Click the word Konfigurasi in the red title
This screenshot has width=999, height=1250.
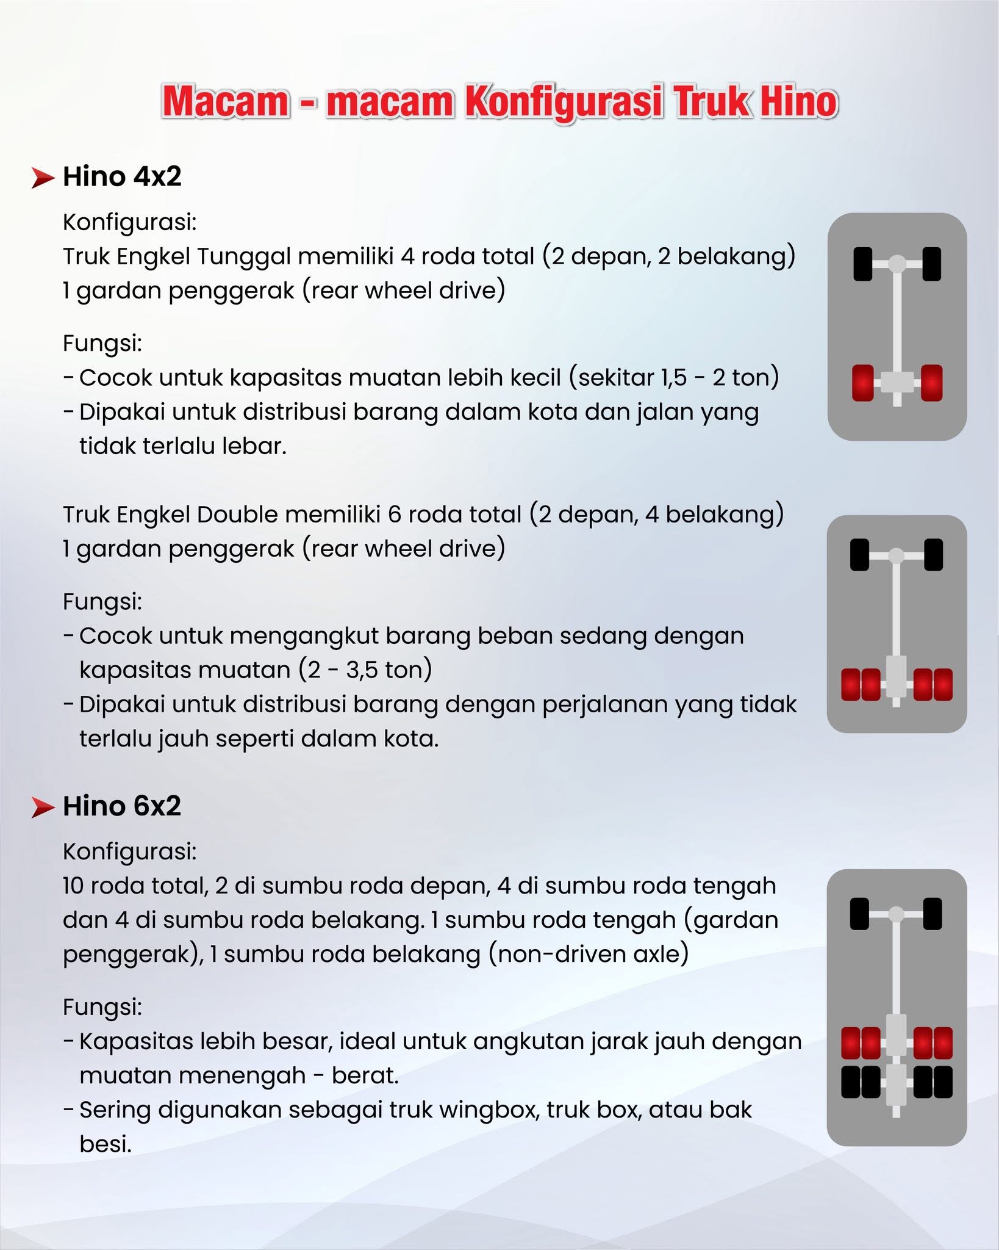563,102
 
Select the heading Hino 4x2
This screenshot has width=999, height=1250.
122,176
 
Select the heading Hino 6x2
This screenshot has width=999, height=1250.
122,806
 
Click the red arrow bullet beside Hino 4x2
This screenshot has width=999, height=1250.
43,178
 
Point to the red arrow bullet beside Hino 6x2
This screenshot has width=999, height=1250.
43,807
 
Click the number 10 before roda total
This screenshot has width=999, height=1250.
73,886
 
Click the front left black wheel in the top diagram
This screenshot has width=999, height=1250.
862,264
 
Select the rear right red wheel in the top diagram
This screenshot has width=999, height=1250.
931,383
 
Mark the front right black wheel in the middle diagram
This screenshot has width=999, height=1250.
933,555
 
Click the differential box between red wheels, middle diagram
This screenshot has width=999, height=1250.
896,676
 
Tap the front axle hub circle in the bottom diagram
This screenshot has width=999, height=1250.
896,914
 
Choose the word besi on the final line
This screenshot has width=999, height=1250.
105,1144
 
